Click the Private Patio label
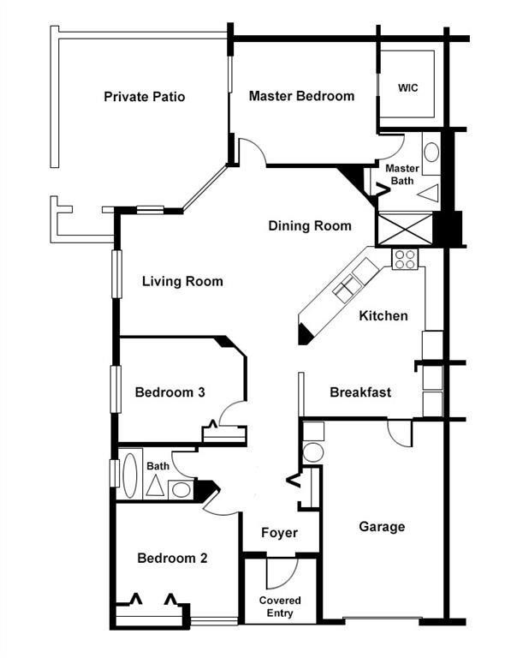pos(144,97)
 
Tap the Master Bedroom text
pos(301,96)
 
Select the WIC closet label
pos(407,87)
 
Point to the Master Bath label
pos(401,174)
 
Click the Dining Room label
pos(310,226)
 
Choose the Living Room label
pos(182,281)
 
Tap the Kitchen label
pos(383,316)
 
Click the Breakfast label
pos(360,392)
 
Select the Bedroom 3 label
pos(169,392)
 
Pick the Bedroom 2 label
pos(172,558)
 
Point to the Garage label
pos(382,527)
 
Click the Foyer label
pos(279,533)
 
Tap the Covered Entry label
pos(280,607)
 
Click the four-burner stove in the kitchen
pos(404,259)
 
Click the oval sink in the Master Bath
pos(431,153)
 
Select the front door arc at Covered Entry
pos(282,572)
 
